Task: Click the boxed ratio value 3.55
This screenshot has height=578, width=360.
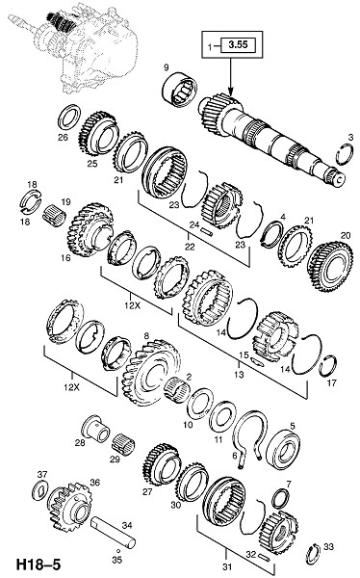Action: [x=238, y=45]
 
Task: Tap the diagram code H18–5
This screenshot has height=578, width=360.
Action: [x=38, y=565]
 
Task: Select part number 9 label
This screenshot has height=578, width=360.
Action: [x=166, y=67]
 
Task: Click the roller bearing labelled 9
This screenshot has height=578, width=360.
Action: [x=180, y=89]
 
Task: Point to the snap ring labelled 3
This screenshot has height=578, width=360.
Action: [x=345, y=154]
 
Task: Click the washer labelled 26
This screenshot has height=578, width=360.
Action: [x=69, y=118]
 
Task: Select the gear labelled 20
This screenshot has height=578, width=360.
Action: [x=330, y=266]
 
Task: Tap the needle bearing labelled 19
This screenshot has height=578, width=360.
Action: [x=55, y=217]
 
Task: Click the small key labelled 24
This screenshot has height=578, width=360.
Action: [x=206, y=231]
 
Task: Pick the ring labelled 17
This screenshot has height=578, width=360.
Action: [x=328, y=366]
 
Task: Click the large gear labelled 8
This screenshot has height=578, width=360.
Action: [x=151, y=373]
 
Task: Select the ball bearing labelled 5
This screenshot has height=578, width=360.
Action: [x=283, y=449]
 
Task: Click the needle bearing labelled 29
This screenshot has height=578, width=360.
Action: [x=123, y=444]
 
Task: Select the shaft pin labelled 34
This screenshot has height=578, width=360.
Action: [x=114, y=530]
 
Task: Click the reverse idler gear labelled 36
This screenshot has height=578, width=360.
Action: [x=70, y=508]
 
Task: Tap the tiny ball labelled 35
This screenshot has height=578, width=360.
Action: [x=115, y=550]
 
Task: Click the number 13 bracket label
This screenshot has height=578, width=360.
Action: [x=239, y=374]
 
